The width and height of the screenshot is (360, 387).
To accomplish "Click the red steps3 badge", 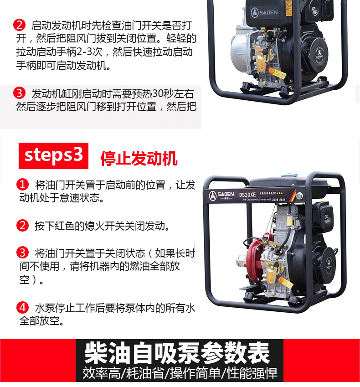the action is pos(53,156).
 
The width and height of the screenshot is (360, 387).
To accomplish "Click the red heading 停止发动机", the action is pos(139,158).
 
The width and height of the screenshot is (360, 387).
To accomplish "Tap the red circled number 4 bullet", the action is pos(22,308).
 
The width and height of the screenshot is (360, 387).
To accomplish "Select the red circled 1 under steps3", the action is pos(22,184).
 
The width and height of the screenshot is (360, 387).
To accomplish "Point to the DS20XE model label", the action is pos(247,195).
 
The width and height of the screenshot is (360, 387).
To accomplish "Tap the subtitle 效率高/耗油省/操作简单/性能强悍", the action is pos(180,373).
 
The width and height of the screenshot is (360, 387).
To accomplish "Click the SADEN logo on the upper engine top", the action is pos(264,12).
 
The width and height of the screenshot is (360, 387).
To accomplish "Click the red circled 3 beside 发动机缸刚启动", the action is pos(19,93).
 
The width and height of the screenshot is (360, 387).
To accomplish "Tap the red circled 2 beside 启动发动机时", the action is pos(19,25).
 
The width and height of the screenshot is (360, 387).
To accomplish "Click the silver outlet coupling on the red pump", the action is pos(242,260).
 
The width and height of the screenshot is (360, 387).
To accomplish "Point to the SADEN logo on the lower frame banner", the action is pos(221,196).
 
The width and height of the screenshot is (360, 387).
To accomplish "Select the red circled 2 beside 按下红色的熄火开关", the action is pos(22,225).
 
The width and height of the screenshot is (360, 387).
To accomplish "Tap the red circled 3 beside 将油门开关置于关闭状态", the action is pos(22,253).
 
